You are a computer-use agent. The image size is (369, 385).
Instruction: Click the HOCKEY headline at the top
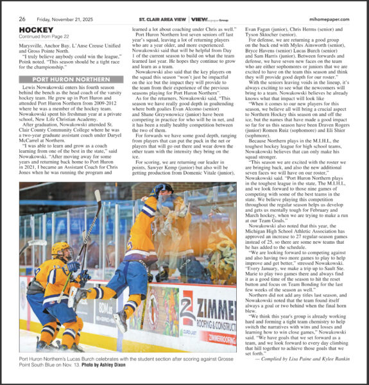36,30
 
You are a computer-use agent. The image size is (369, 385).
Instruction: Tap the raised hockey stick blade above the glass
98,193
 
